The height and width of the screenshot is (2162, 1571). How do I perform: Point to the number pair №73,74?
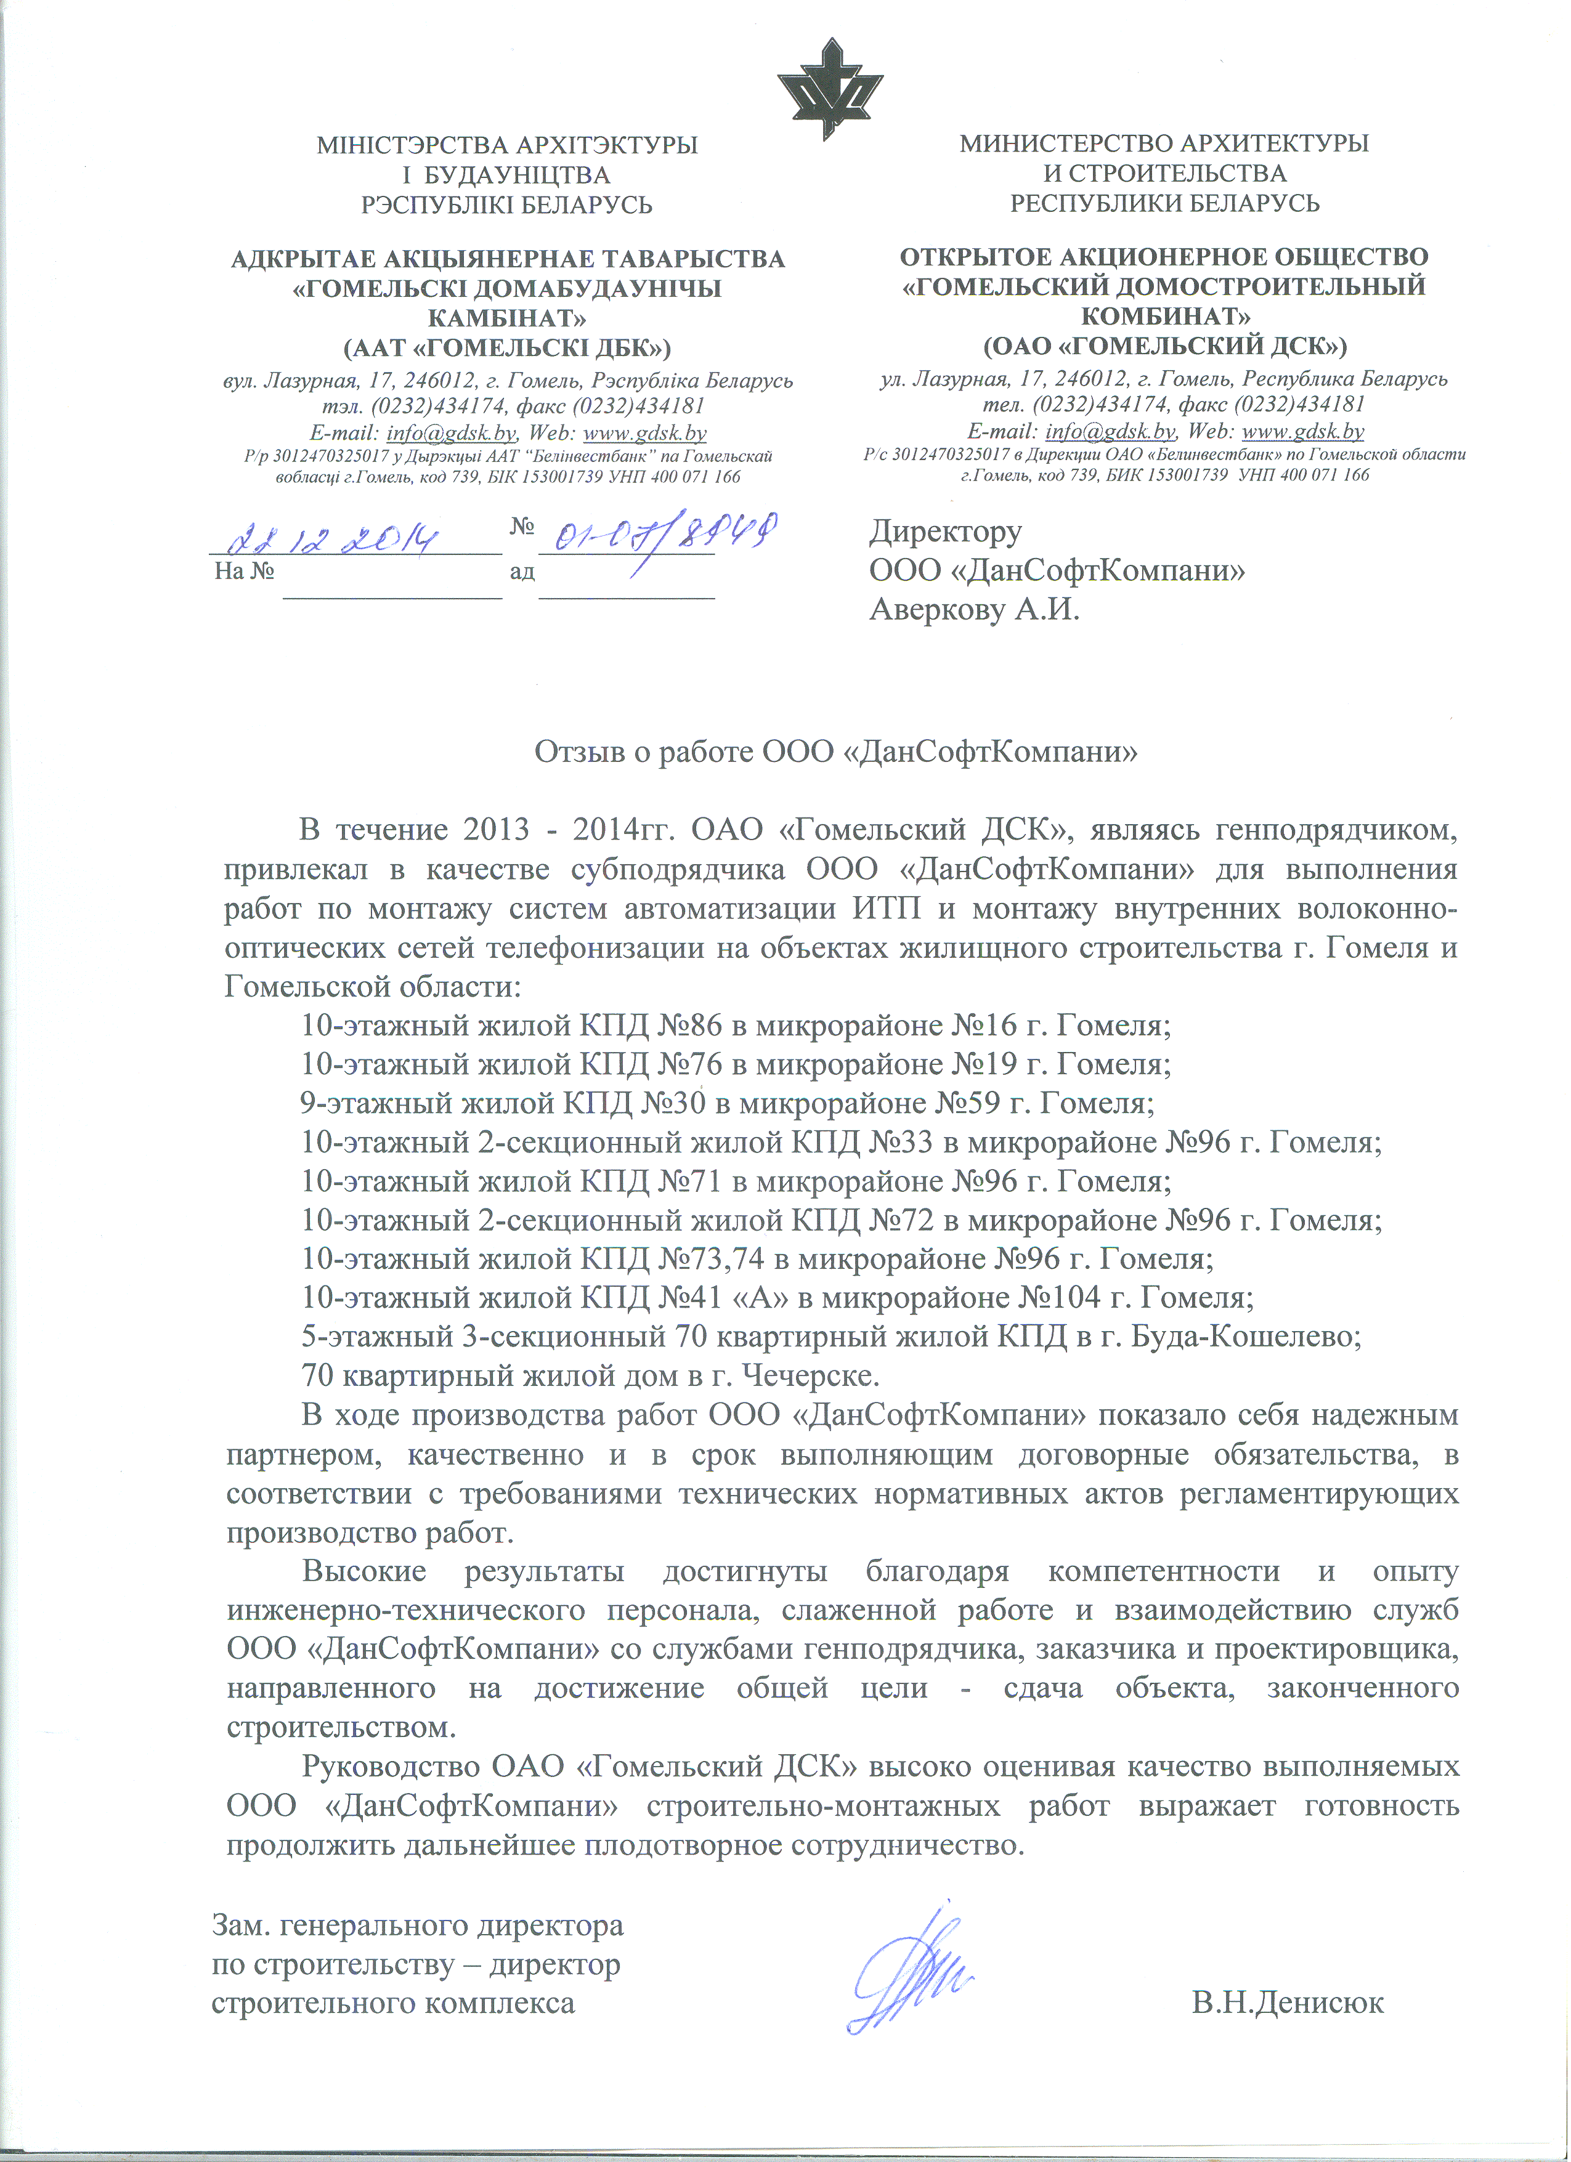click(x=711, y=1258)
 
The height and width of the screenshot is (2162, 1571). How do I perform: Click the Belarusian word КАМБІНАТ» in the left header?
click(x=507, y=317)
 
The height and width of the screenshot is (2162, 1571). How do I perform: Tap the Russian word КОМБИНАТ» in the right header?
click(x=1165, y=315)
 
